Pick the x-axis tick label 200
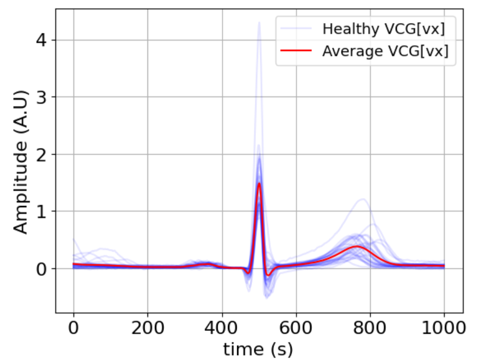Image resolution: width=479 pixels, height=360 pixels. [147, 328]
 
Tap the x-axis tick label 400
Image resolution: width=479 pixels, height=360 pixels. [221, 328]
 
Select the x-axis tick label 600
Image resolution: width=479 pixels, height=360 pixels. [296, 328]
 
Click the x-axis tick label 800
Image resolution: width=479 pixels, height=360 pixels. [370, 328]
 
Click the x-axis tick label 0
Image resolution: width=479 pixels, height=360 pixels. [73, 328]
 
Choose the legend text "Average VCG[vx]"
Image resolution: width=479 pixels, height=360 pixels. [385, 51]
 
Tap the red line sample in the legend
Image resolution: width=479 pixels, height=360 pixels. [296, 52]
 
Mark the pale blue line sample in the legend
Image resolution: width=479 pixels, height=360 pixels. [296, 28]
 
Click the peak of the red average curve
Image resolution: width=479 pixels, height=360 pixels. [259, 184]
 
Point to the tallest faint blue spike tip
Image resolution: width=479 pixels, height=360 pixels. [259, 22]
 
